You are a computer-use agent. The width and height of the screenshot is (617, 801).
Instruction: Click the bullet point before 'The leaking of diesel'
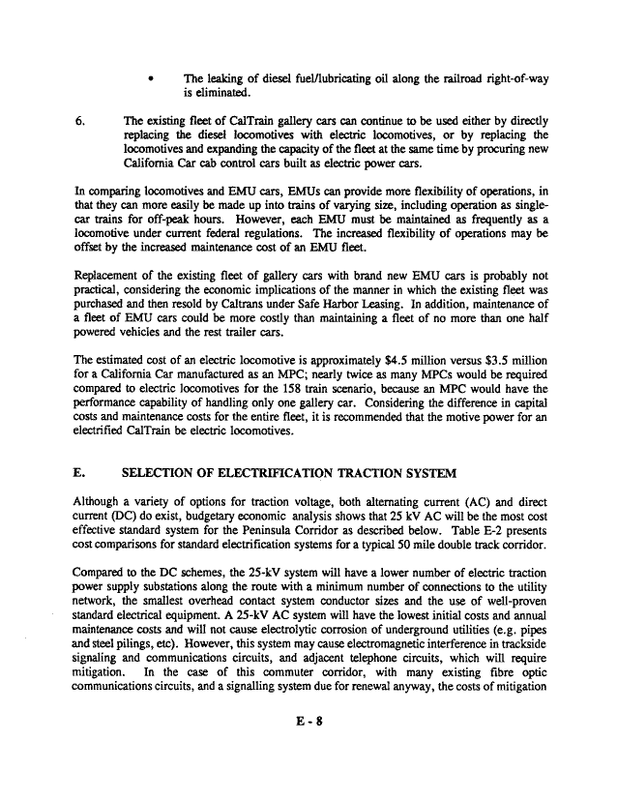click(152, 79)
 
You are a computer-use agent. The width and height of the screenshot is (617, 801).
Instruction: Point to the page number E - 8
click(308, 773)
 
